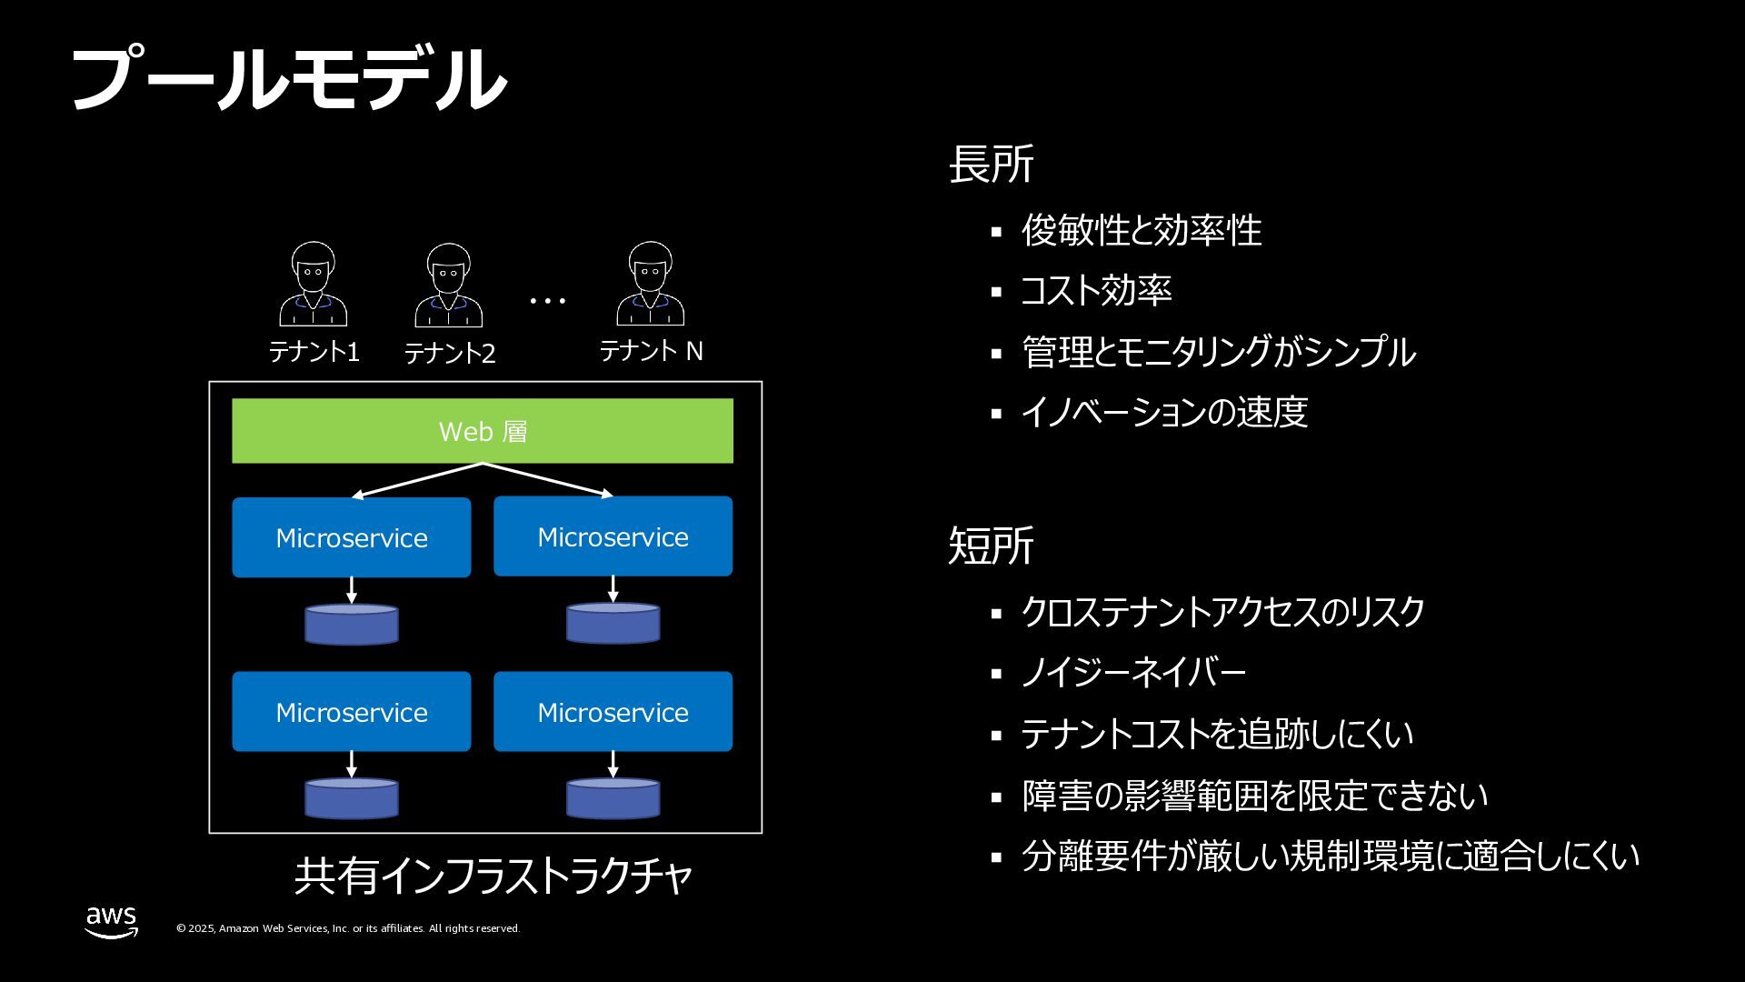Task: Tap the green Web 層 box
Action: (483, 431)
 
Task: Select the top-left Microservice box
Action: (352, 537)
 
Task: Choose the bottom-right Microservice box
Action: (613, 712)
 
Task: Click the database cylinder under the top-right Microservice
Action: (613, 624)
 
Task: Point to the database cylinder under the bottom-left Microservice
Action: (352, 798)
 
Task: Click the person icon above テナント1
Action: (314, 285)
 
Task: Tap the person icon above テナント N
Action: (651, 285)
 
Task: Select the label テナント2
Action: (450, 353)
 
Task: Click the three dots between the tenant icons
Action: (548, 300)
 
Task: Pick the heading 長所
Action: (991, 165)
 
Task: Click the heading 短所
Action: (991, 546)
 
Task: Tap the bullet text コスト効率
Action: (1096, 291)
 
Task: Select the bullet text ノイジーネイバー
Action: (1133, 673)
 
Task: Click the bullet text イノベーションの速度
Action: (1164, 412)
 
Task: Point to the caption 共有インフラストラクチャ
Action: (494, 876)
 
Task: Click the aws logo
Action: (112, 921)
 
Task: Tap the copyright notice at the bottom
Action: (348, 928)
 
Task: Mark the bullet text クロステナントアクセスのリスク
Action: (1222, 612)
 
